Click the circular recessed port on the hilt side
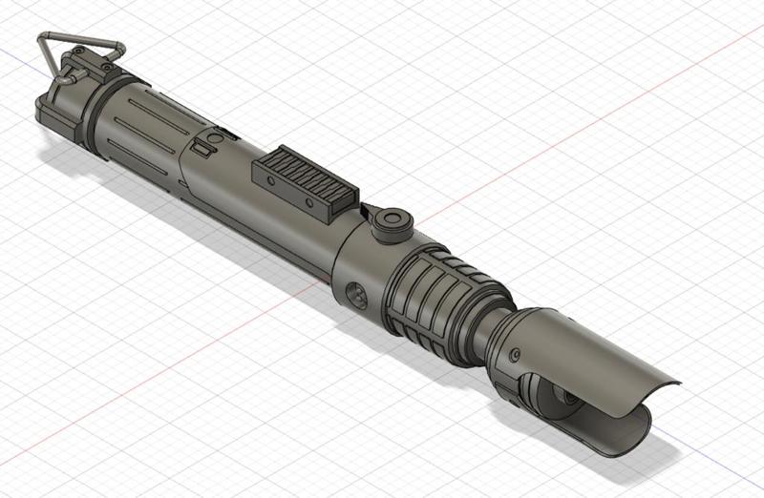[355, 294]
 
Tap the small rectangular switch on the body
[202, 148]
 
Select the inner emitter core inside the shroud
[563, 396]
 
